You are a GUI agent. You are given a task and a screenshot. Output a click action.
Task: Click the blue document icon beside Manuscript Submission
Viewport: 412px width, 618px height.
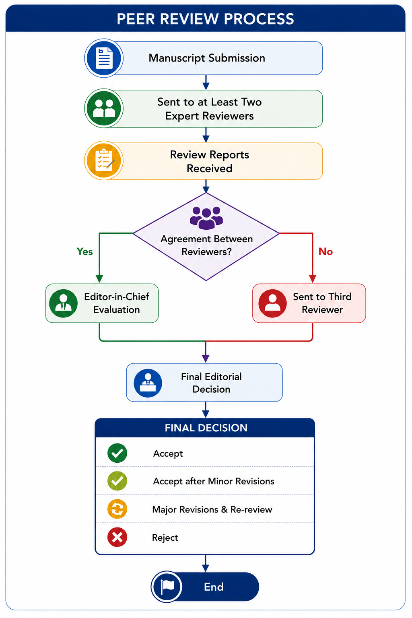tap(104, 58)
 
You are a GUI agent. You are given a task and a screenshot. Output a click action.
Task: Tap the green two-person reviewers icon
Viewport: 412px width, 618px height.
tap(104, 108)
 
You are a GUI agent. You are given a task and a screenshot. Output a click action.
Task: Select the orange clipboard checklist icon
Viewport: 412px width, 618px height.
tap(104, 161)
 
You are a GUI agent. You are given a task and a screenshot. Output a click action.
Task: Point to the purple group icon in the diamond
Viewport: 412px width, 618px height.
tap(206, 218)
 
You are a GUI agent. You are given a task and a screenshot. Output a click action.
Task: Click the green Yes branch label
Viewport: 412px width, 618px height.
tap(85, 251)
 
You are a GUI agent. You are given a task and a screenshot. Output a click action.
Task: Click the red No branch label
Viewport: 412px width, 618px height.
tap(325, 251)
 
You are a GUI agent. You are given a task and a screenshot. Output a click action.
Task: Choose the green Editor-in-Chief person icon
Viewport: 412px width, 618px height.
tap(63, 303)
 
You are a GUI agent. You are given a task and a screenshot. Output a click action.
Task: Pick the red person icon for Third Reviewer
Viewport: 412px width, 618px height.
tap(272, 303)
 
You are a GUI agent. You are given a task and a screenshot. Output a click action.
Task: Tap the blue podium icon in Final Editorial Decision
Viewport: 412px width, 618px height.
tap(148, 383)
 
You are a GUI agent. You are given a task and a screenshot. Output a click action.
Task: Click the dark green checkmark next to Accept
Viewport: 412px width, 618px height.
tap(117, 453)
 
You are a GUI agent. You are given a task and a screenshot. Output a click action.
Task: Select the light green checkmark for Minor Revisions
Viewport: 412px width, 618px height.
tap(117, 481)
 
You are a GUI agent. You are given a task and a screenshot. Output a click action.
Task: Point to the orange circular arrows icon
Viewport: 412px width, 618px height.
tap(117, 509)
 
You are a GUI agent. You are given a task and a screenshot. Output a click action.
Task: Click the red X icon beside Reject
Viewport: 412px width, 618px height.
tap(117, 537)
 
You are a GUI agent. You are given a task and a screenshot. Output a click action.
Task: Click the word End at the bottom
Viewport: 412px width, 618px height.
tap(214, 587)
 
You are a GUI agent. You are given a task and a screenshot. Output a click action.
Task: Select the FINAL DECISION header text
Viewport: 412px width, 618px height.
tap(206, 428)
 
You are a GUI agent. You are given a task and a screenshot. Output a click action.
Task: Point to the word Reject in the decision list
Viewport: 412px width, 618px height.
tap(165, 538)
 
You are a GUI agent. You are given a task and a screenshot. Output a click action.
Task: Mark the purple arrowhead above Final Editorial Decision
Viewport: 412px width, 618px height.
tap(206, 358)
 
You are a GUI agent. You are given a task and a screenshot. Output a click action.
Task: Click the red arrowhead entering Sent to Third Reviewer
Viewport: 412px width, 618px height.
tap(312, 279)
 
